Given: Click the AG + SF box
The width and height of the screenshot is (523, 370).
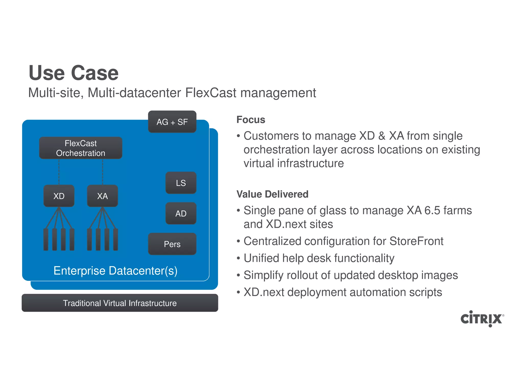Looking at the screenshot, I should pyautogui.click(x=172, y=122).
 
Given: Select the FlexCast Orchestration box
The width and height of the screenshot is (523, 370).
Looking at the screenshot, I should pyautogui.click(x=80, y=148).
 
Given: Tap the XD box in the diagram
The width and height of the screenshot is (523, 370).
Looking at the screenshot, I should pyautogui.click(x=59, y=196).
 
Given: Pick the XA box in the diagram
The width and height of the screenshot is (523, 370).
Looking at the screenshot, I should pyautogui.click(x=102, y=196).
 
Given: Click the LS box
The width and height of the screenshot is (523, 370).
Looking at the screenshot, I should pyautogui.click(x=181, y=183).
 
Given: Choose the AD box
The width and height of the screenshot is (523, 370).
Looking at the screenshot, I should pyautogui.click(x=181, y=214).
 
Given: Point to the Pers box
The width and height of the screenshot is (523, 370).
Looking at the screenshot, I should pyautogui.click(x=172, y=244).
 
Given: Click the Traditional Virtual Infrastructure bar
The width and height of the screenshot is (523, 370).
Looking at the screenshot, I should pyautogui.click(x=120, y=303).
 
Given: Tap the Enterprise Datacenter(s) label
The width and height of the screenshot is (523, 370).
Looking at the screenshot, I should pyautogui.click(x=115, y=271).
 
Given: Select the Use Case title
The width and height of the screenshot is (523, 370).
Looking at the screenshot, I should pyautogui.click(x=74, y=73).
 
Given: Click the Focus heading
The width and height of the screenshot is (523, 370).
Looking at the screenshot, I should pyautogui.click(x=251, y=120).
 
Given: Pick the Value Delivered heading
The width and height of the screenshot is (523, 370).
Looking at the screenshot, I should pyautogui.click(x=272, y=194).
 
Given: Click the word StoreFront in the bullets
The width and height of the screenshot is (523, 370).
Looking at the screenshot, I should pyautogui.click(x=417, y=241).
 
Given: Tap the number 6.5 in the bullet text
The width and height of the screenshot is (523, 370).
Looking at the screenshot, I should pyautogui.click(x=432, y=210).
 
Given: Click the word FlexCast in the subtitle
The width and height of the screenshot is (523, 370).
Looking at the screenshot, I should pyautogui.click(x=211, y=93).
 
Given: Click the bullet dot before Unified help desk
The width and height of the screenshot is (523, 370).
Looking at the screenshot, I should pyautogui.click(x=238, y=258).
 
